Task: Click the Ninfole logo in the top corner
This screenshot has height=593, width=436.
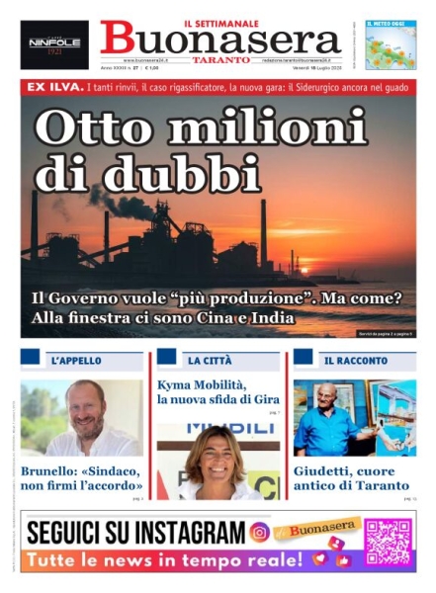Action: point(54,44)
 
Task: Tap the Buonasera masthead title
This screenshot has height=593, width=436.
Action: point(219,41)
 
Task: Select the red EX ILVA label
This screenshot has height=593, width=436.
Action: point(51,88)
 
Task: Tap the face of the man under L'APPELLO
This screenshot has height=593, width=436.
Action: point(85,404)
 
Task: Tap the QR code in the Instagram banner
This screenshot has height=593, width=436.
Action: point(388,542)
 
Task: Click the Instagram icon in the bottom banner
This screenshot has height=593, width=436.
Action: point(259,533)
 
